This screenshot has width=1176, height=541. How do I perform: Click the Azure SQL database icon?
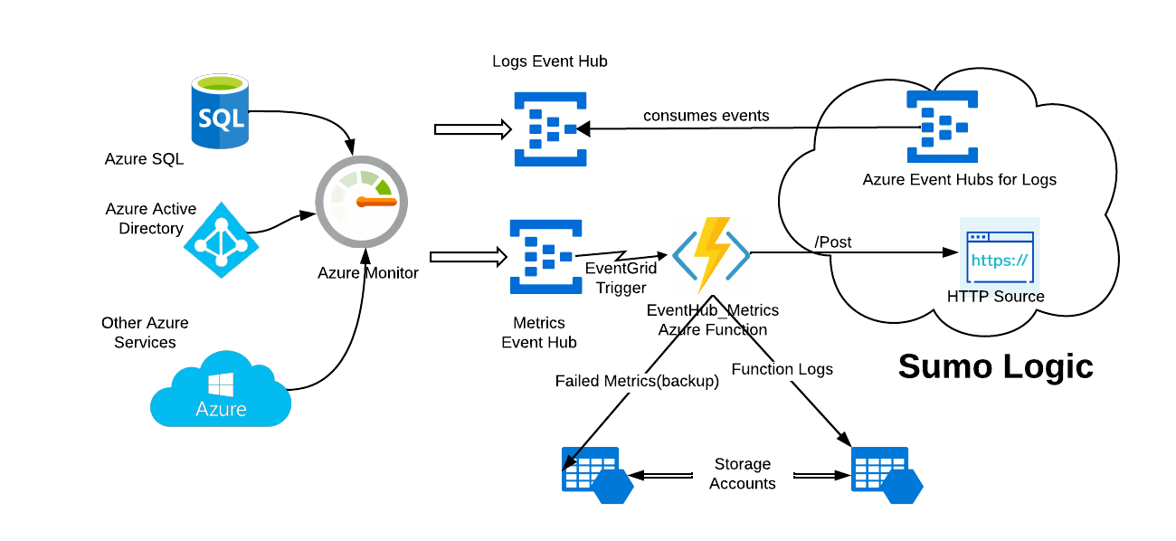(220, 113)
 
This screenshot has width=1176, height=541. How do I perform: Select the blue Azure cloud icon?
(221, 390)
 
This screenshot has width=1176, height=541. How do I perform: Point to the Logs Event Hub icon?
(550, 128)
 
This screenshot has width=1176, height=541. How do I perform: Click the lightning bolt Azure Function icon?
(711, 253)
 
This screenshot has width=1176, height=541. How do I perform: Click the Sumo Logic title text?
(995, 366)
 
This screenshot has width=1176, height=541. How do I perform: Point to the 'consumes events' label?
(706, 116)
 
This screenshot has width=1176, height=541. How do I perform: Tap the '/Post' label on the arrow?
(833, 242)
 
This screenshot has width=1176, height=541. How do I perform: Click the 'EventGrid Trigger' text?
(621, 278)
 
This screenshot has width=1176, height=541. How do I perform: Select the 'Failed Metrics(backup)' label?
(637, 382)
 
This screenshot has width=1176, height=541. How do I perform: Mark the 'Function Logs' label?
(782, 369)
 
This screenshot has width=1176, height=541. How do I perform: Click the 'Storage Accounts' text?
(742, 474)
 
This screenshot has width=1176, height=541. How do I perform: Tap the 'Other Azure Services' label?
(145, 332)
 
